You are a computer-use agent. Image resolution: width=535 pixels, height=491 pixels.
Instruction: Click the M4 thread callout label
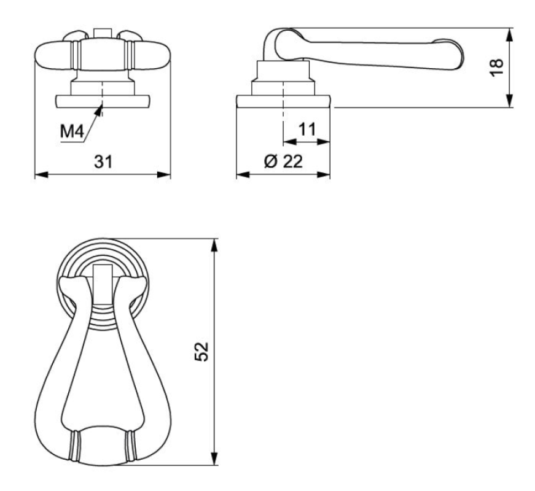coord(72,131)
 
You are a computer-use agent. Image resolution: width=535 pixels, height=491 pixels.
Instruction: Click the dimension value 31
coord(103,161)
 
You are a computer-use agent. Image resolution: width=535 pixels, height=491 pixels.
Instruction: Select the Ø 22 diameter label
coord(283,161)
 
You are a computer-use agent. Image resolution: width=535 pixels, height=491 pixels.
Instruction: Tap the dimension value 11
coord(307,130)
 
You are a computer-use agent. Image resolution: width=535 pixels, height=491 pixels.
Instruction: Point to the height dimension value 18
coord(496,68)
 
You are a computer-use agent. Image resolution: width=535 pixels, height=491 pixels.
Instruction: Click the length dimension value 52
coord(201,352)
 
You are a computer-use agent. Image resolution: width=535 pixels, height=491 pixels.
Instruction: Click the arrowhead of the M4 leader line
coord(100,110)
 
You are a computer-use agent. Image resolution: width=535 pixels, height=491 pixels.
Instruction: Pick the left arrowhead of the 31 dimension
coord(42,174)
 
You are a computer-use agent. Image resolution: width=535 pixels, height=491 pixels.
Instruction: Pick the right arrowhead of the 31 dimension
coord(164,174)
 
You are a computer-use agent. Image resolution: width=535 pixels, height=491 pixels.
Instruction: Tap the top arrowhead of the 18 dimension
coord(509,35)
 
